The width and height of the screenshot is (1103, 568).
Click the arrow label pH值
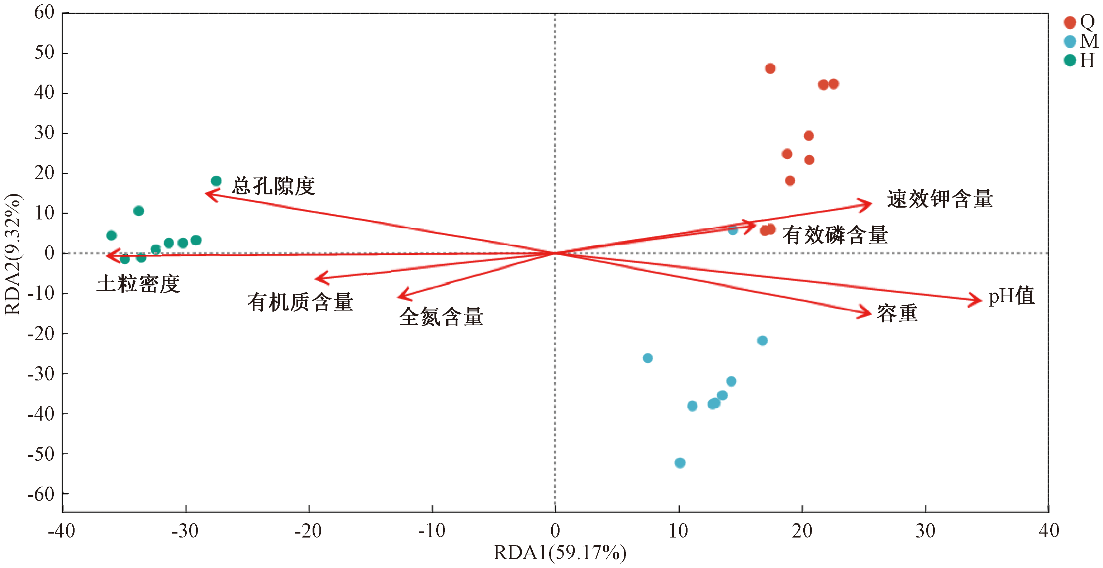1011,296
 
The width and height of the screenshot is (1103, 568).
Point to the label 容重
897,313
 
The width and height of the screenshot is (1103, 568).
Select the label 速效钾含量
940,199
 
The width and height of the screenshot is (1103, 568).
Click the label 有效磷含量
835,235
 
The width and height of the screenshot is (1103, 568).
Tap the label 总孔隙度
273,186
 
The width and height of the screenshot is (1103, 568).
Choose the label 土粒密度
138,284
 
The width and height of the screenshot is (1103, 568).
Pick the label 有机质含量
300,302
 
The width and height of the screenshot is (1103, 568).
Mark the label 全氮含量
441,317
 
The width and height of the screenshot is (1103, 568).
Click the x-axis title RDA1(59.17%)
560,553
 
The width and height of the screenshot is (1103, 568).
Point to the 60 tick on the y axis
44,13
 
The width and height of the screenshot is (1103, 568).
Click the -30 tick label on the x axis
185,531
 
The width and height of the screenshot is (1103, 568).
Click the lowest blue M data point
680,463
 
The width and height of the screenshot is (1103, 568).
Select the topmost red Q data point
770,68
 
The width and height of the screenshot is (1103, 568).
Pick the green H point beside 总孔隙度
216,181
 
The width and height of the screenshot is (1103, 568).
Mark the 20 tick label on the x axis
802,531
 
